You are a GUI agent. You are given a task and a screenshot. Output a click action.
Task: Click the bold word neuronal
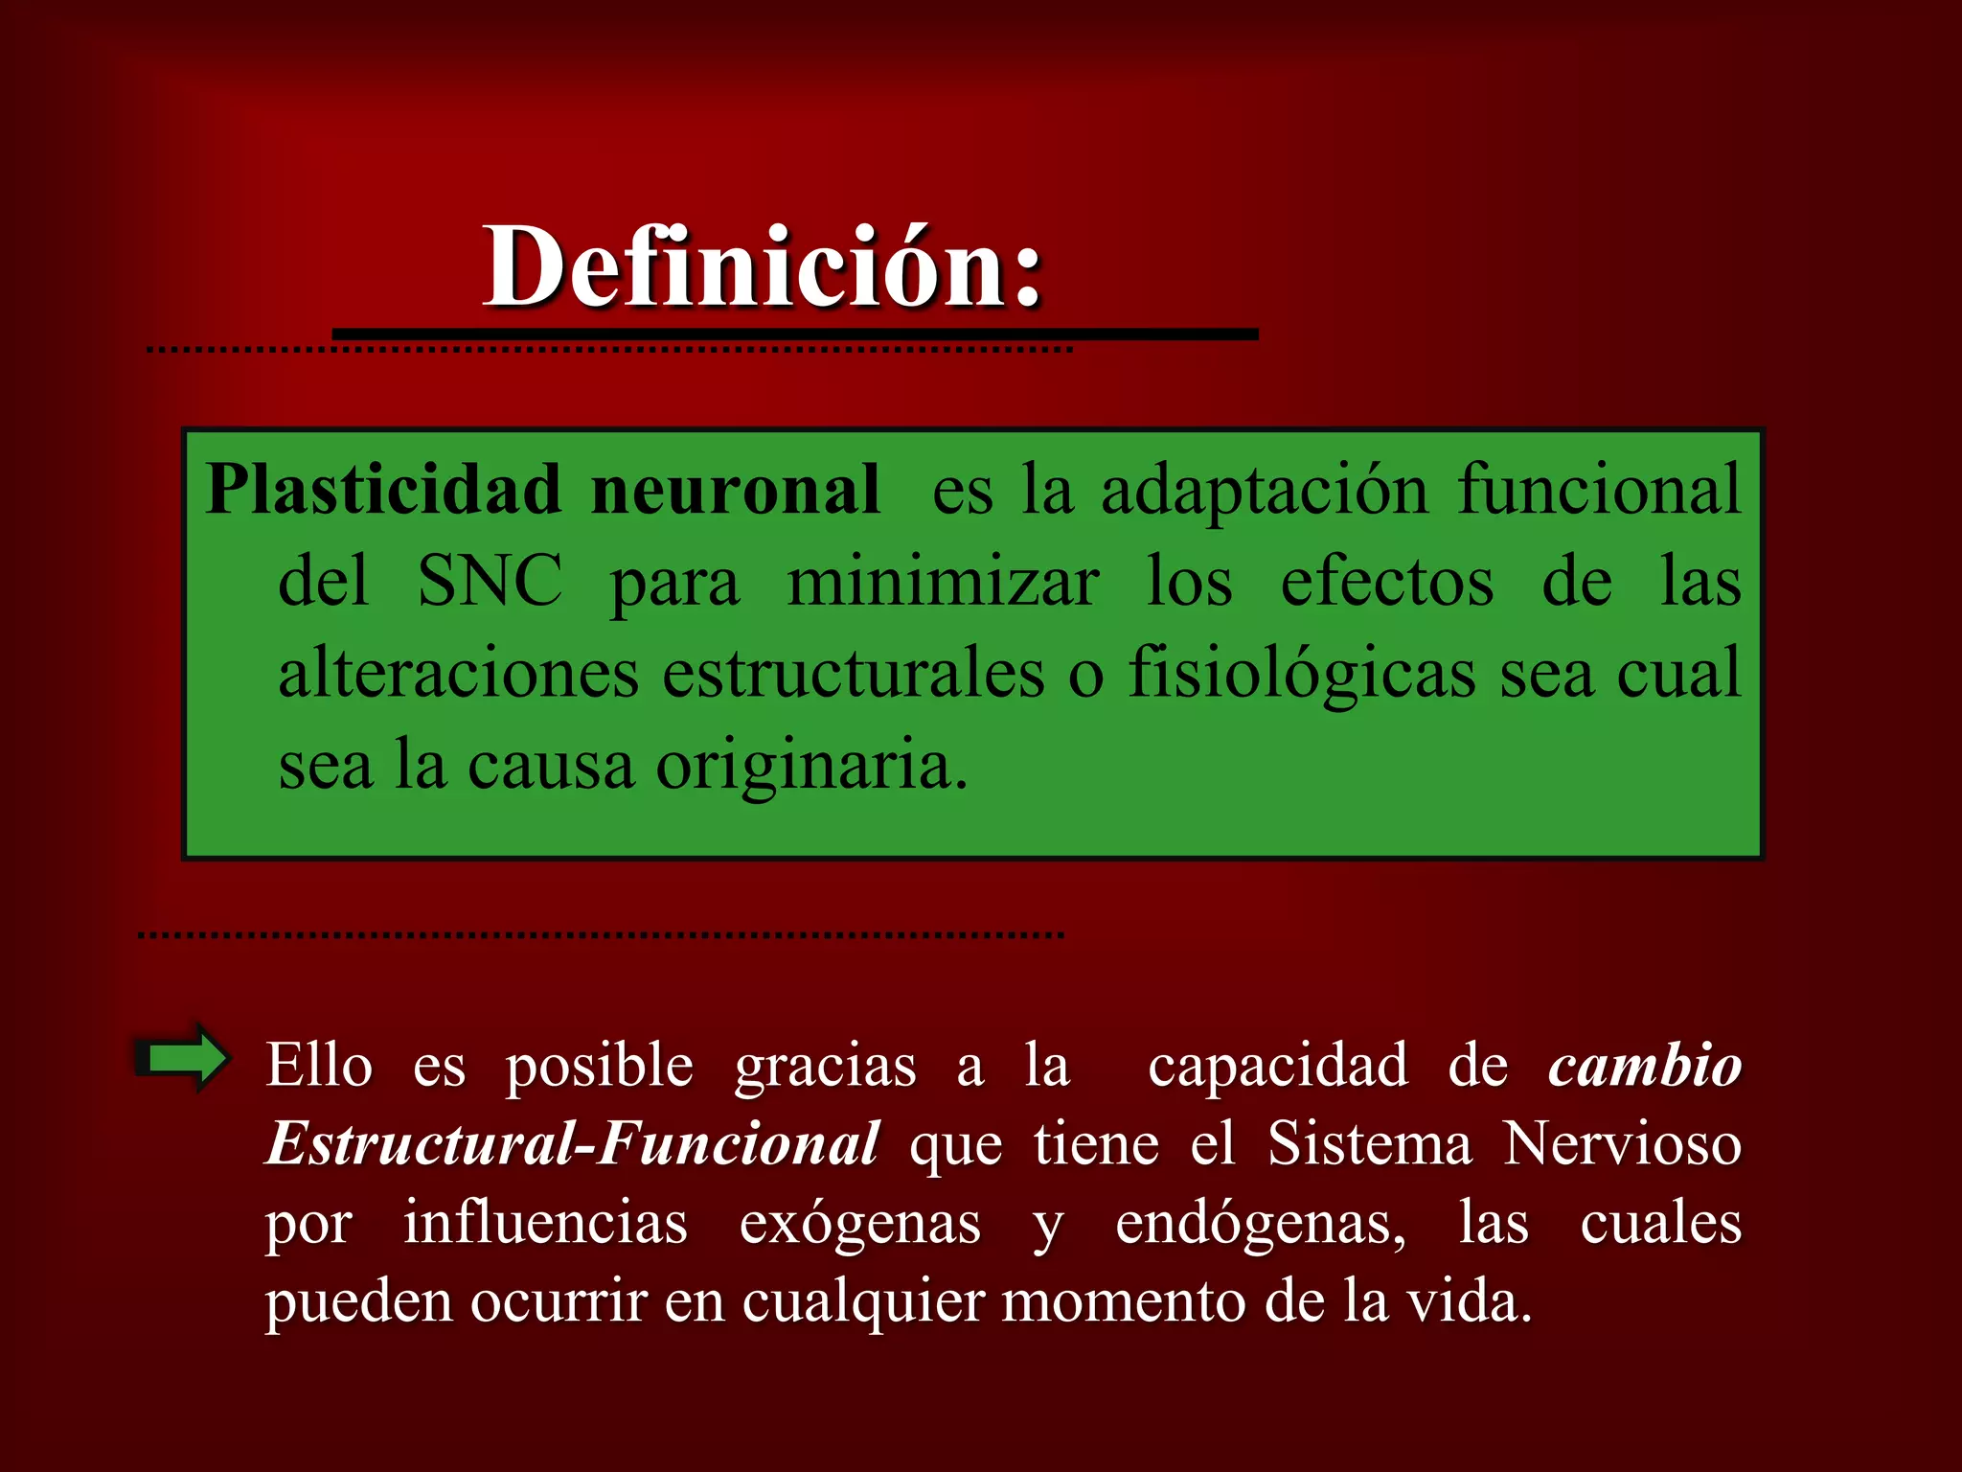pyautogui.click(x=735, y=490)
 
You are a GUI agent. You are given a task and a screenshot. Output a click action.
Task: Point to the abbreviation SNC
pyautogui.click(x=490, y=581)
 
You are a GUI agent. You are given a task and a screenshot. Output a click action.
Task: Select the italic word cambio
pyautogui.click(x=1644, y=1066)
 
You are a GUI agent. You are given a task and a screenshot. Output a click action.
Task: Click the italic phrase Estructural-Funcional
pyautogui.click(x=572, y=1144)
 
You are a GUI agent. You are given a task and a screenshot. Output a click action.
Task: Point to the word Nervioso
pyautogui.click(x=1622, y=1144)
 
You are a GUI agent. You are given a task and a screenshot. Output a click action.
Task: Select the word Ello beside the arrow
pyautogui.click(x=319, y=1066)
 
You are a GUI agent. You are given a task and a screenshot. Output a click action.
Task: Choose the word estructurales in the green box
pyautogui.click(x=853, y=673)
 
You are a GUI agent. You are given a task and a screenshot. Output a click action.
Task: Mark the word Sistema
pyautogui.click(x=1369, y=1144)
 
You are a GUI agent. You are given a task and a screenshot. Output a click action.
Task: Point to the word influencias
pyautogui.click(x=545, y=1223)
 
